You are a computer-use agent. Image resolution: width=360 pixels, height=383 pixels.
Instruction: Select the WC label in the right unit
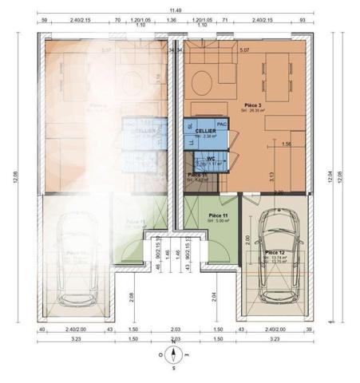[x=212, y=158]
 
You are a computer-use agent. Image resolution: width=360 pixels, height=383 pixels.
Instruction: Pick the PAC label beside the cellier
[x=222, y=124]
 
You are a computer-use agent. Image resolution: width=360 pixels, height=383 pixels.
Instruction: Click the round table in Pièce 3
[x=203, y=82]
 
